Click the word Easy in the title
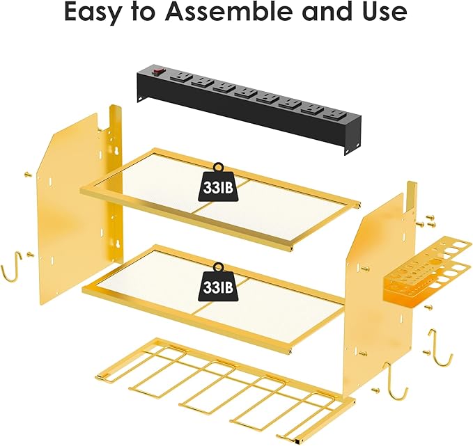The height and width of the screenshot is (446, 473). coord(97,13)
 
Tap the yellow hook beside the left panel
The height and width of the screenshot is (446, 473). coord(10,269)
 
